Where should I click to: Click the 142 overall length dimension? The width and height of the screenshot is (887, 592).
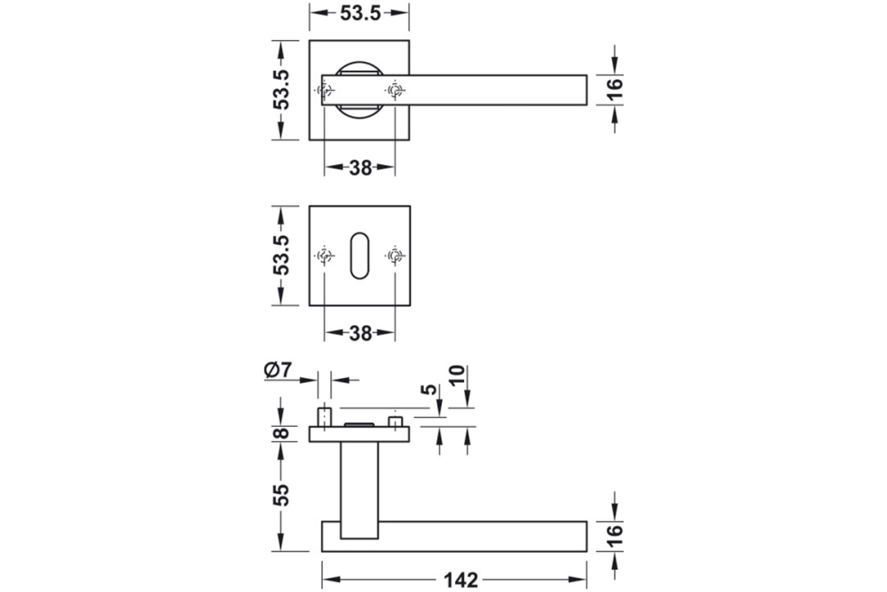(x=460, y=580)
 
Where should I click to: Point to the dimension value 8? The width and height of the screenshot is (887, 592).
(x=281, y=433)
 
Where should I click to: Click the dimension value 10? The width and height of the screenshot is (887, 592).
(x=458, y=378)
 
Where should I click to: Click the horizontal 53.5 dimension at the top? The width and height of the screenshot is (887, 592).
(x=359, y=12)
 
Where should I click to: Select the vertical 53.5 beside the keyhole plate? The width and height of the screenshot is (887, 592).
(x=281, y=256)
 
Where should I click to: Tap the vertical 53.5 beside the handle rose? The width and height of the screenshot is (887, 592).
(x=281, y=89)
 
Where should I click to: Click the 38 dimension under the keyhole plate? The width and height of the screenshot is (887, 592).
(x=359, y=334)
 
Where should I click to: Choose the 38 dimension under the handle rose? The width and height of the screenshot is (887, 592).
(x=359, y=167)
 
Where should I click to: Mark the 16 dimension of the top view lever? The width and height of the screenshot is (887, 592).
(x=616, y=89)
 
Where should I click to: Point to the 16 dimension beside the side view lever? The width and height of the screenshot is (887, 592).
(x=616, y=536)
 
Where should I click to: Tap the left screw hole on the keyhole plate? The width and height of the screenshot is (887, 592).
(x=325, y=257)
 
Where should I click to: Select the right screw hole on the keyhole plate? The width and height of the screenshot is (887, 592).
(x=395, y=257)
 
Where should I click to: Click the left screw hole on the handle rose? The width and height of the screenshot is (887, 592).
(x=325, y=90)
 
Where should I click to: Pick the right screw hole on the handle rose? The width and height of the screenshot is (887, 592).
(x=395, y=90)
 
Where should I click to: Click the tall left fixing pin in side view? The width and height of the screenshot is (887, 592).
(x=325, y=416)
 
